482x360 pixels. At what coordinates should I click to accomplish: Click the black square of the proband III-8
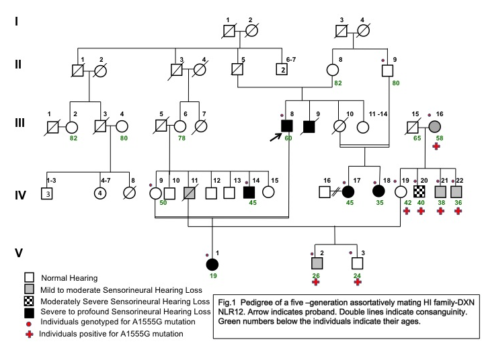(x=287, y=125)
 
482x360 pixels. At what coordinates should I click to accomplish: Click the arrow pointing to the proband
(x=274, y=136)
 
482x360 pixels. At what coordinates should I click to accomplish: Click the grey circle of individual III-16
(x=436, y=125)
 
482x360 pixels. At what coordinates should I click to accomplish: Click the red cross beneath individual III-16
(x=436, y=147)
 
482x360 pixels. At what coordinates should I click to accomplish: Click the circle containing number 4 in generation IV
(x=100, y=193)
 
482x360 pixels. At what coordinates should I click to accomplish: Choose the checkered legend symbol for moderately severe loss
(x=29, y=300)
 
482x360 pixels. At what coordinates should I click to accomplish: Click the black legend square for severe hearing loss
(x=29, y=312)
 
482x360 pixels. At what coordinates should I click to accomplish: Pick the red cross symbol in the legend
(x=29, y=334)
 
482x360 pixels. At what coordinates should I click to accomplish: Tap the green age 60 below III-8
(x=288, y=138)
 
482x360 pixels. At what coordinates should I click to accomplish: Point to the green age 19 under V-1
(x=212, y=277)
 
